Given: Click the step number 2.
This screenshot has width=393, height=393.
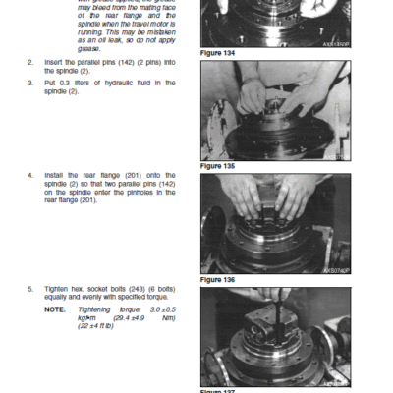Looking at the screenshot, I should click(29, 61).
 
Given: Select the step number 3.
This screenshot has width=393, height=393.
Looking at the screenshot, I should click(29, 84).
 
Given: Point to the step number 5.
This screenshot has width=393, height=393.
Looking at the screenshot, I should click(29, 288).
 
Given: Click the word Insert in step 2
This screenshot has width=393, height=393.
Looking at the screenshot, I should click(54, 61).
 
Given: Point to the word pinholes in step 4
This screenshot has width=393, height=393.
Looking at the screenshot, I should click(140, 192).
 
